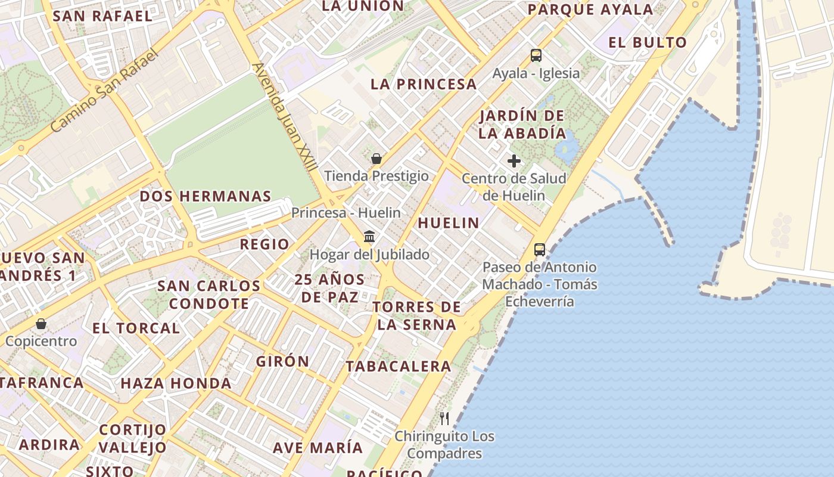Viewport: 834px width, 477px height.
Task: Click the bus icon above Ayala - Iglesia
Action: [x=536, y=55]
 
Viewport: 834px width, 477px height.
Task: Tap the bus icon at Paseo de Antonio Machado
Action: [x=540, y=249]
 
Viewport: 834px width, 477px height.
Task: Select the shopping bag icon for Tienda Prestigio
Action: [x=376, y=159]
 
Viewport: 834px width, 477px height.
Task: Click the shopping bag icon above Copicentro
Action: [x=41, y=324]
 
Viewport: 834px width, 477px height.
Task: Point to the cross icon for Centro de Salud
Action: [x=514, y=160]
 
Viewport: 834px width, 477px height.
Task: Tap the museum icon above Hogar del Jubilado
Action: [x=369, y=237]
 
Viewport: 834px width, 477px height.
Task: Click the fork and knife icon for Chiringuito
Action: [x=444, y=418]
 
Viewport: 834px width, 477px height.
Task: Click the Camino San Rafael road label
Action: [x=105, y=91]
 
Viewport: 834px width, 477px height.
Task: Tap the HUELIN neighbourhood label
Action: [x=448, y=223]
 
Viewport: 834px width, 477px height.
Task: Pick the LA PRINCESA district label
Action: [x=424, y=84]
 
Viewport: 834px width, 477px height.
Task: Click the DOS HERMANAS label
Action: [x=205, y=196]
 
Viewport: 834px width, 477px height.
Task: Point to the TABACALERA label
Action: [x=399, y=366]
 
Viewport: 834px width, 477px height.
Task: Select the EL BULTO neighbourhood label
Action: [x=648, y=42]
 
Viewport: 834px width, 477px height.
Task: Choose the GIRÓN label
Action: [x=282, y=361]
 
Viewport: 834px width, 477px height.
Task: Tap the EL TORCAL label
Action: [x=136, y=328]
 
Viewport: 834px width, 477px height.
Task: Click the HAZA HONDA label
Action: [x=176, y=383]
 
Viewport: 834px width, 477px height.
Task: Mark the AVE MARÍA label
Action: [x=318, y=447]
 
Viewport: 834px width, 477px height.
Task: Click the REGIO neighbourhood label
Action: [x=264, y=244]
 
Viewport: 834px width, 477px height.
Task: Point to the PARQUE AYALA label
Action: [x=590, y=10]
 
